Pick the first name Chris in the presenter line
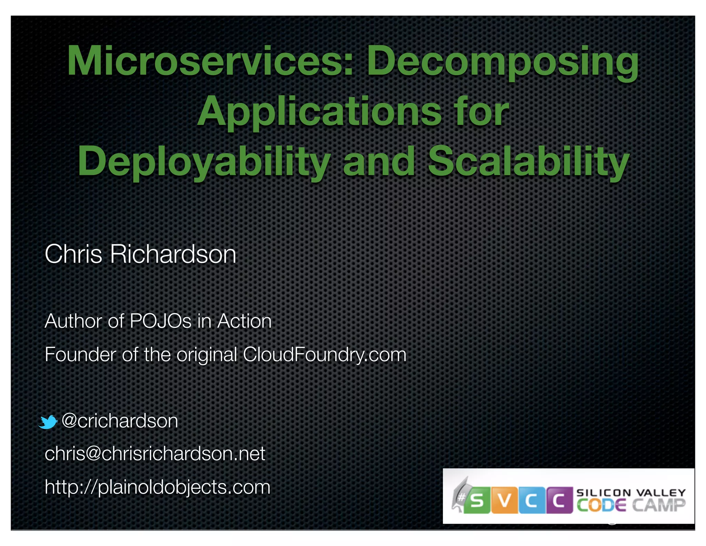pos(73,254)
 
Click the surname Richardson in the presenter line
pos(173,254)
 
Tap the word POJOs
pos(160,321)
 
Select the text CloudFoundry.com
pos(324,355)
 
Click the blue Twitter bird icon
pos(48,422)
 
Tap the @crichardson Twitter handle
pos(120,421)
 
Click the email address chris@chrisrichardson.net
pos(155,454)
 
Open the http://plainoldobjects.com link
pos(158,487)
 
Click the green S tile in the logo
pos(477,500)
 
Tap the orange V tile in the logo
pos(504,500)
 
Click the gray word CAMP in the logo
pos(658,506)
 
